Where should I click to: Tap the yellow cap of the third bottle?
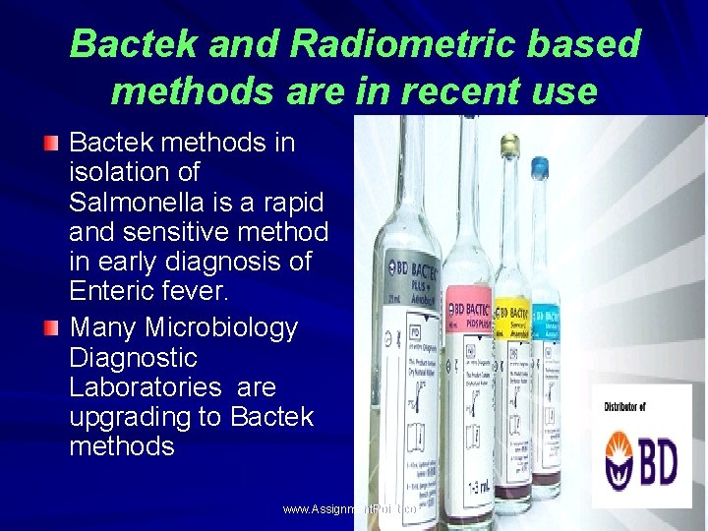509,147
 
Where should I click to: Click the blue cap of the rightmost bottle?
539,169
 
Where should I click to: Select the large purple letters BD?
658,462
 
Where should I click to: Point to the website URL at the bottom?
350,509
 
